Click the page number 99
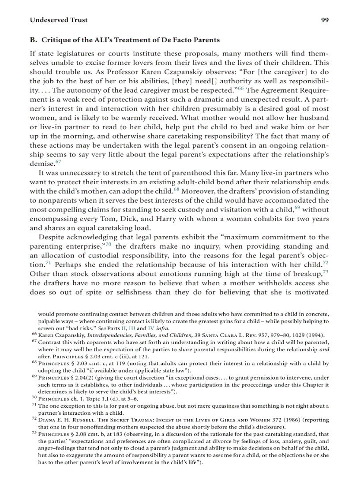325,20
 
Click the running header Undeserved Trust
59,20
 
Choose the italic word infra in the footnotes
163,328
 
